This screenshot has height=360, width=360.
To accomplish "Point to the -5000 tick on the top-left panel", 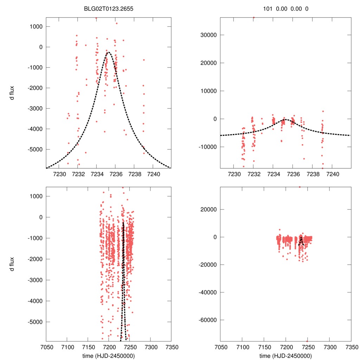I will (x=35, y=149).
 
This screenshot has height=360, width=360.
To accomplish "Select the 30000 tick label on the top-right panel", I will (x=207, y=35).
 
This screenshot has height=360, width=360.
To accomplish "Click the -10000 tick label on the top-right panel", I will (x=206, y=147).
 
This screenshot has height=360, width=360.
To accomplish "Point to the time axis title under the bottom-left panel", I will (x=108, y=355).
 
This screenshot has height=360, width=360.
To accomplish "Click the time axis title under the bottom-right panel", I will (x=285, y=355).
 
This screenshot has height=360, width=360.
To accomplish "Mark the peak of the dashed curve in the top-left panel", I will (x=108, y=52).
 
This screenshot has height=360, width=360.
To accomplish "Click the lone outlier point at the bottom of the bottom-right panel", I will (x=307, y=341).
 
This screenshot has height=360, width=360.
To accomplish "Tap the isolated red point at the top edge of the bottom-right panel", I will (x=300, y=187).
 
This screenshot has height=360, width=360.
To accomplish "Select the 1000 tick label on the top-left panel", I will (x=36, y=26).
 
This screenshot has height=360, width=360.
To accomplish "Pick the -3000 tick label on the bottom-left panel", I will (x=35, y=280).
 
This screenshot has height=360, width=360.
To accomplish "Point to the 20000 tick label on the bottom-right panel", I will (x=207, y=210).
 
